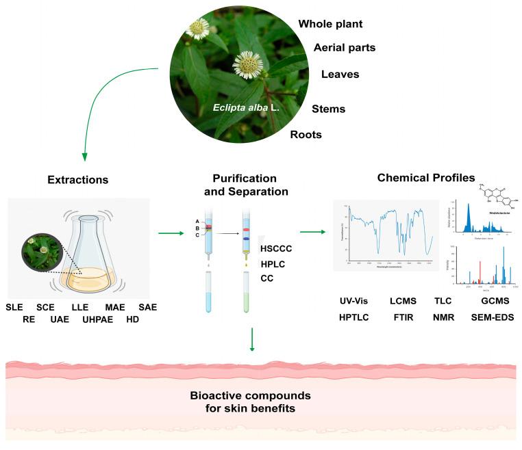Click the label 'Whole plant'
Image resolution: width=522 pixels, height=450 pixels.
coord(330,24)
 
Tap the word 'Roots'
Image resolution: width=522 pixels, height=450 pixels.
coord(306,134)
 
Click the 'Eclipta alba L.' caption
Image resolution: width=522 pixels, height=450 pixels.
coord(243,108)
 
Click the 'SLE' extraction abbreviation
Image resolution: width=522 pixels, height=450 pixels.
coord(14,307)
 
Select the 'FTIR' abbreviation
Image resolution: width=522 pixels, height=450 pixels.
coord(403,318)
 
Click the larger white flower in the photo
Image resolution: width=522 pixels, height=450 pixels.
coord(247,64)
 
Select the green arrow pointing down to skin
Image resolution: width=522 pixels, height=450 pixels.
coord(253,340)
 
